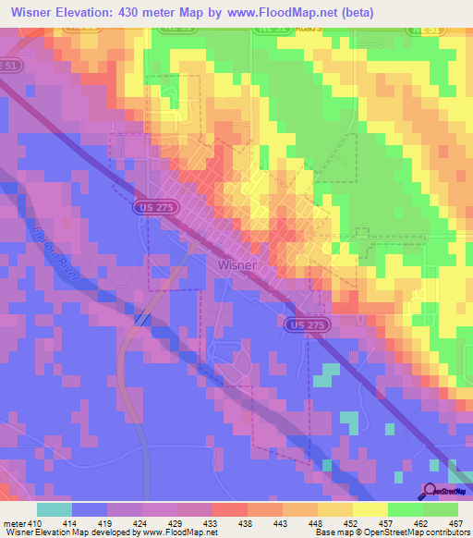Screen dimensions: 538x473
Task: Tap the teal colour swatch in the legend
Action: coord(54,509)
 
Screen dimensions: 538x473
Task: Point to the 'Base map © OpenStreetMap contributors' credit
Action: coord(392,532)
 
